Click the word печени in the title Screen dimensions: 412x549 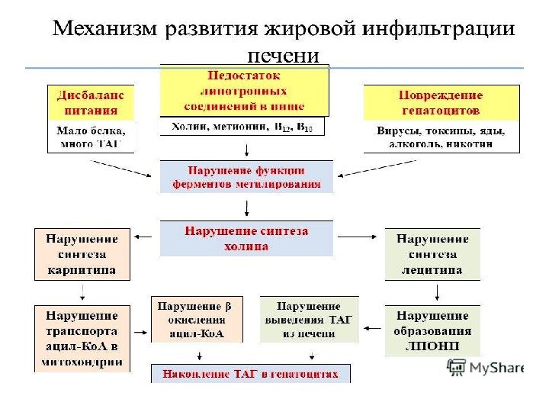(283, 56)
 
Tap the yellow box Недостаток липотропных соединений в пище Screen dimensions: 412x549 (244, 89)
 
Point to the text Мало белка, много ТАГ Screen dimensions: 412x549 (91, 137)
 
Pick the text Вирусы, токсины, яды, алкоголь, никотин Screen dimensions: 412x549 (441, 137)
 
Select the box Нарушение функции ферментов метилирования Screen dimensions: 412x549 (246, 176)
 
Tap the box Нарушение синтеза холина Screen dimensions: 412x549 (246, 238)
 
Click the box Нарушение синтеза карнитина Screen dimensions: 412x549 (82, 254)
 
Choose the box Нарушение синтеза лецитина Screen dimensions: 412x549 (432, 254)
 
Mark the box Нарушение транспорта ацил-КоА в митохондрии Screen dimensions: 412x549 (82, 338)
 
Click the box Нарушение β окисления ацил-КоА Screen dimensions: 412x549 (197, 319)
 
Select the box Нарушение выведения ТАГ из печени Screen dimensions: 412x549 (309, 319)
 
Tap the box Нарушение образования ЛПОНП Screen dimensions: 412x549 (432, 330)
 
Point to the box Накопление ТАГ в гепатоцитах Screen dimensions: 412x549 (252, 373)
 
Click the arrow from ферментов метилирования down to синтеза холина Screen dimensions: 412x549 (246, 208)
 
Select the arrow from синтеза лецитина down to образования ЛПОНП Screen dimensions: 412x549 (436, 291)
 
